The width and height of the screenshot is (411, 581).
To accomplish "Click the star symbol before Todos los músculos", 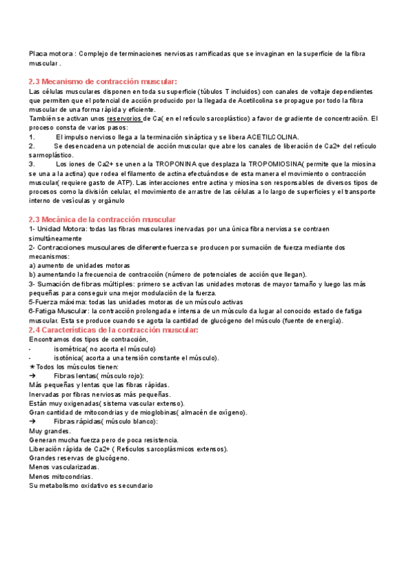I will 32,367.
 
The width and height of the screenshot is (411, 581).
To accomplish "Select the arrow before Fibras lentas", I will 32,376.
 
